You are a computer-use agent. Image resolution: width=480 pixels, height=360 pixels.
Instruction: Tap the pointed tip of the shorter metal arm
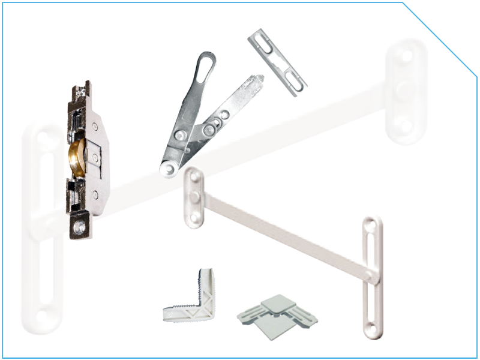pos(260,77)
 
